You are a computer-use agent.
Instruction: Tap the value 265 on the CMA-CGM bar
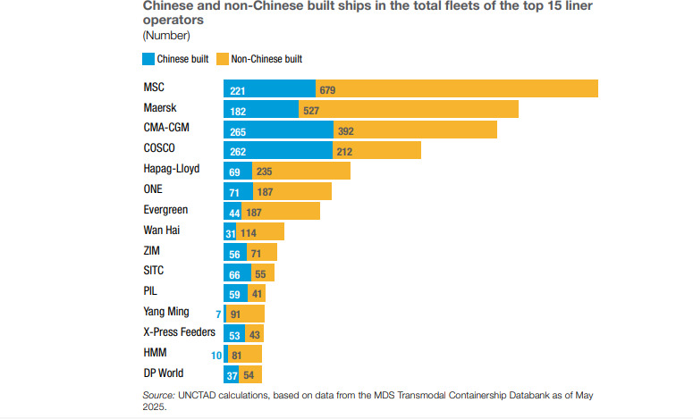point(237,130)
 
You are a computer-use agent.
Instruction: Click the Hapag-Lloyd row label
point(171,169)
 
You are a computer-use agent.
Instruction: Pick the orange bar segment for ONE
point(295,190)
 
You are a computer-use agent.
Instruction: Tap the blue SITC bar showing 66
point(237,272)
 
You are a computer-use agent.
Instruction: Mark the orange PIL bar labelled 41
point(257,293)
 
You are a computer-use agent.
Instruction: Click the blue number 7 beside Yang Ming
point(217,314)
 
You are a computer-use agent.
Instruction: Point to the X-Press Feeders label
point(178,331)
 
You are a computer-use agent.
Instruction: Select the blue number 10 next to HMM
point(216,355)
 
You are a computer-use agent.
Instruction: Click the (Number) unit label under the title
point(166,36)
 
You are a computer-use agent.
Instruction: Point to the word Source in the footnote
point(158,394)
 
